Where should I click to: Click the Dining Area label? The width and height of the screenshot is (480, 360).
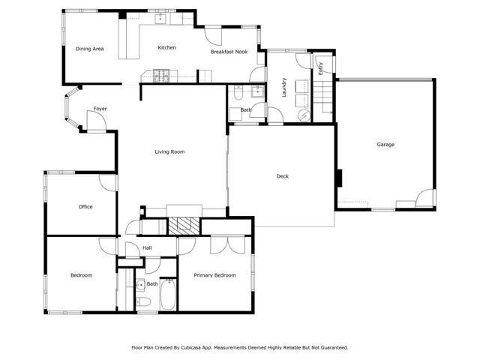tap(89, 49)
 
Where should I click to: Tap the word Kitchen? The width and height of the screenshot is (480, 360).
tap(166, 48)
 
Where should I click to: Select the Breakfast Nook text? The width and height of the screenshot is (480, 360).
tap(229, 52)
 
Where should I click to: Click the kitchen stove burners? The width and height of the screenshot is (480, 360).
tap(161, 74)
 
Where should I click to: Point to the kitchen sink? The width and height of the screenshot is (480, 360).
tap(160, 21)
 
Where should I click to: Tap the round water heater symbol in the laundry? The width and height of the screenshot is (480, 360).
tap(304, 115)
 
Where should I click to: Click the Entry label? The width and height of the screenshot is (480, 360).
tap(320, 69)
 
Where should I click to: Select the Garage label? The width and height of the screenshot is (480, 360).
tap(385, 145)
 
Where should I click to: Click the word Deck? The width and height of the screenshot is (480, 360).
tap(282, 176)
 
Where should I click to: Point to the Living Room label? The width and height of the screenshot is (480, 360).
tap(169, 152)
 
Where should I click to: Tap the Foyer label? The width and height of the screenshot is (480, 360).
tap(100, 109)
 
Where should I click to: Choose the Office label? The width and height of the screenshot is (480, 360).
tap(85, 207)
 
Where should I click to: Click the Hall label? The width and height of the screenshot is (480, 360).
tap(147, 247)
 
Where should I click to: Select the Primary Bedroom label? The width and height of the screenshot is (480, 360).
tap(214, 275)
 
